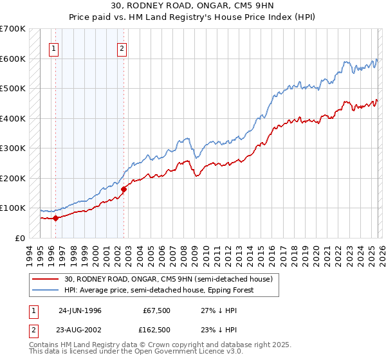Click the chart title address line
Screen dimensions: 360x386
tap(193, 6)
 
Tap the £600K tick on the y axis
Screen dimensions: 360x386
tap(13, 59)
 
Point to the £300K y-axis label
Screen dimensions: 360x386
tap(13, 148)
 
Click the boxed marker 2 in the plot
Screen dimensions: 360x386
tap(122, 47)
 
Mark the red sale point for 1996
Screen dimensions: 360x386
tap(56, 218)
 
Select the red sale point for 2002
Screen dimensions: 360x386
tap(124, 189)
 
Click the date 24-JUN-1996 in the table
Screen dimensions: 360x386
tap(80, 310)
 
